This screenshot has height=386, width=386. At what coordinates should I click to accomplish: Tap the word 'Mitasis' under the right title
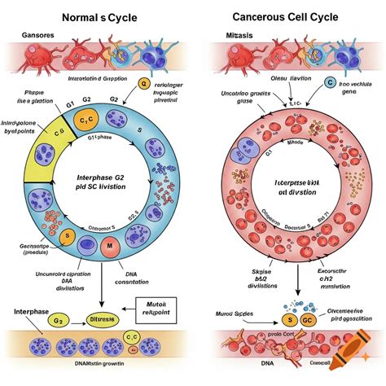click(242, 35)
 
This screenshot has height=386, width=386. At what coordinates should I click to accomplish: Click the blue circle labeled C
click(330, 82)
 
